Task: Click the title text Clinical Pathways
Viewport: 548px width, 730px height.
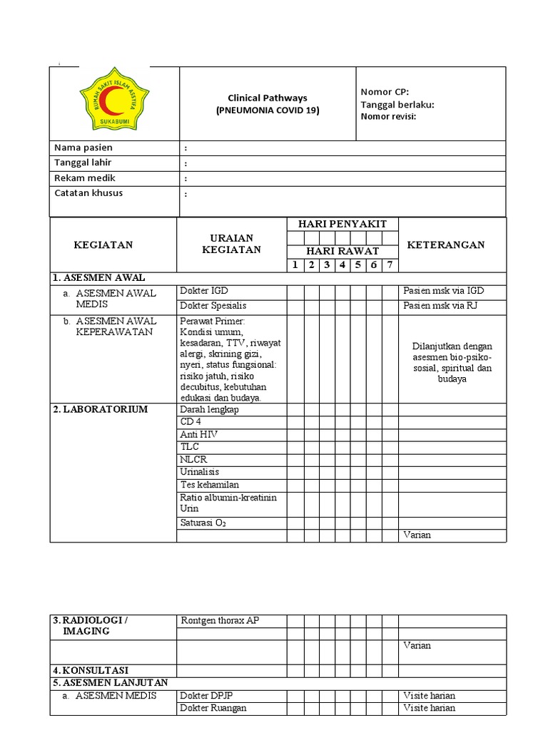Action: coord(267,98)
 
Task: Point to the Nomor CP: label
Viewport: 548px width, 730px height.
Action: coord(385,92)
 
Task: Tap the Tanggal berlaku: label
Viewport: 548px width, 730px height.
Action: coord(397,105)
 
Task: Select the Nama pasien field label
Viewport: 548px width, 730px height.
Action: coord(83,148)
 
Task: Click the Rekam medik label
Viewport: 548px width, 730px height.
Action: coord(85,178)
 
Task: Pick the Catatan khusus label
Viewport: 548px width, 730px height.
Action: coord(88,193)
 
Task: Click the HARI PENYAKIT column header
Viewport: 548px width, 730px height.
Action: coord(342,224)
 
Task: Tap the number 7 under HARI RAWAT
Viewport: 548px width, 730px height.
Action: coord(390,265)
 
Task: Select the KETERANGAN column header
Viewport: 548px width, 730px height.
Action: coord(445,245)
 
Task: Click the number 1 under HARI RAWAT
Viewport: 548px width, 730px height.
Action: coord(295,265)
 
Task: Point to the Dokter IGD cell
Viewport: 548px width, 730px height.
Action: coord(204,292)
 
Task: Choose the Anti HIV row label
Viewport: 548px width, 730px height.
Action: coord(199,434)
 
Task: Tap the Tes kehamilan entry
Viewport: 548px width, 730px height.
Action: coord(209,485)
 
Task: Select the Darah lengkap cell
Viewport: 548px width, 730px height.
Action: coord(209,409)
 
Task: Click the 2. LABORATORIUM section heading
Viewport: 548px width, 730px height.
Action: coord(100,409)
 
